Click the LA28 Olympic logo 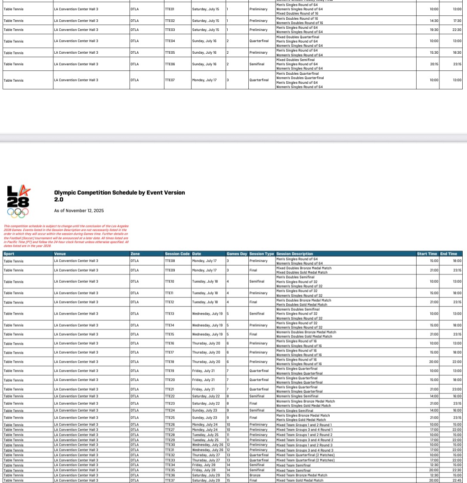pyautogui.click(x=18, y=201)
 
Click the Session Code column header pyautogui.click(x=177, y=254)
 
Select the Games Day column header pyautogui.click(x=237, y=254)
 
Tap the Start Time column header pyautogui.click(x=427, y=254)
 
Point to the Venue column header pyautogui.click(x=60, y=254)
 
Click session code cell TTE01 pyautogui.click(x=170, y=9)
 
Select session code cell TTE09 pyautogui.click(x=170, y=270)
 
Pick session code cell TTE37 pyautogui.click(x=170, y=480)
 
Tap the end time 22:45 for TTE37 pyautogui.click(x=457, y=480)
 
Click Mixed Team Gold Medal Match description pyautogui.click(x=300, y=480)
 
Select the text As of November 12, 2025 pyautogui.click(x=79, y=211)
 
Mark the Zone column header pyautogui.click(x=135, y=254)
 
